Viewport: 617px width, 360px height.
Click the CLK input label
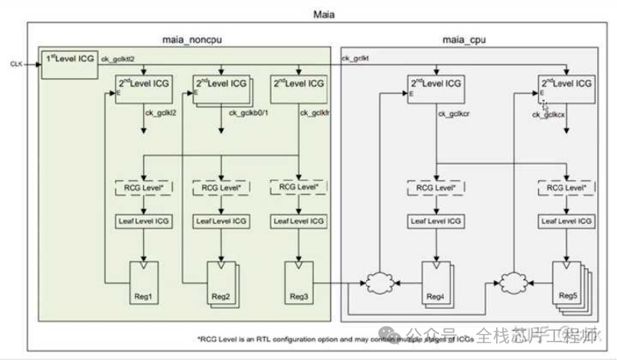(x=16, y=64)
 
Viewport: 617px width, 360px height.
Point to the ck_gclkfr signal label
(x=314, y=113)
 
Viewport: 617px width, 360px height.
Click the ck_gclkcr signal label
(x=453, y=113)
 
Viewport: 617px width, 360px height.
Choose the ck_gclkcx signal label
(x=549, y=114)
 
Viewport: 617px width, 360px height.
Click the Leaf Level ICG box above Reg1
(x=145, y=221)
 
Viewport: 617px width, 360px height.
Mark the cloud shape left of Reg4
(x=377, y=282)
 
